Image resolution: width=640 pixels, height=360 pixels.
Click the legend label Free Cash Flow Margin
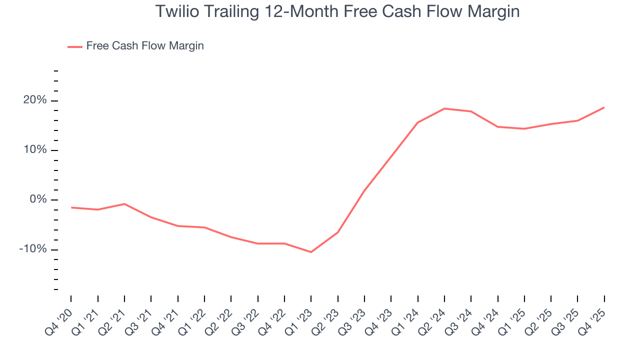[x=145, y=46]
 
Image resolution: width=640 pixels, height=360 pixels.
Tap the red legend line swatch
[x=75, y=46]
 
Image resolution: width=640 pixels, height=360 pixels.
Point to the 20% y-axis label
[x=35, y=100]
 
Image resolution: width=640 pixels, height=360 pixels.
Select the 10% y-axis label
[x=35, y=150]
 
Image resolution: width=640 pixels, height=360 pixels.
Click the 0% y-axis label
[x=38, y=199]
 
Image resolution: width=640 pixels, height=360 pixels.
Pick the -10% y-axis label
[x=33, y=249]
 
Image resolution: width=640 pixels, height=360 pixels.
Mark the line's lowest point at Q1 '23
[x=311, y=252]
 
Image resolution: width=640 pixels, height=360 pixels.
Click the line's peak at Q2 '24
[x=444, y=108]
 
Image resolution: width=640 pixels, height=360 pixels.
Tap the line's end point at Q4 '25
[x=604, y=107]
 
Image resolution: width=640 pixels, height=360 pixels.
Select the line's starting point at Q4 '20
[x=71, y=207]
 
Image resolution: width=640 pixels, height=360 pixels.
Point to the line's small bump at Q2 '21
[x=124, y=204]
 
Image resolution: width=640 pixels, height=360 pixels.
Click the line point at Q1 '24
[x=417, y=122]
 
